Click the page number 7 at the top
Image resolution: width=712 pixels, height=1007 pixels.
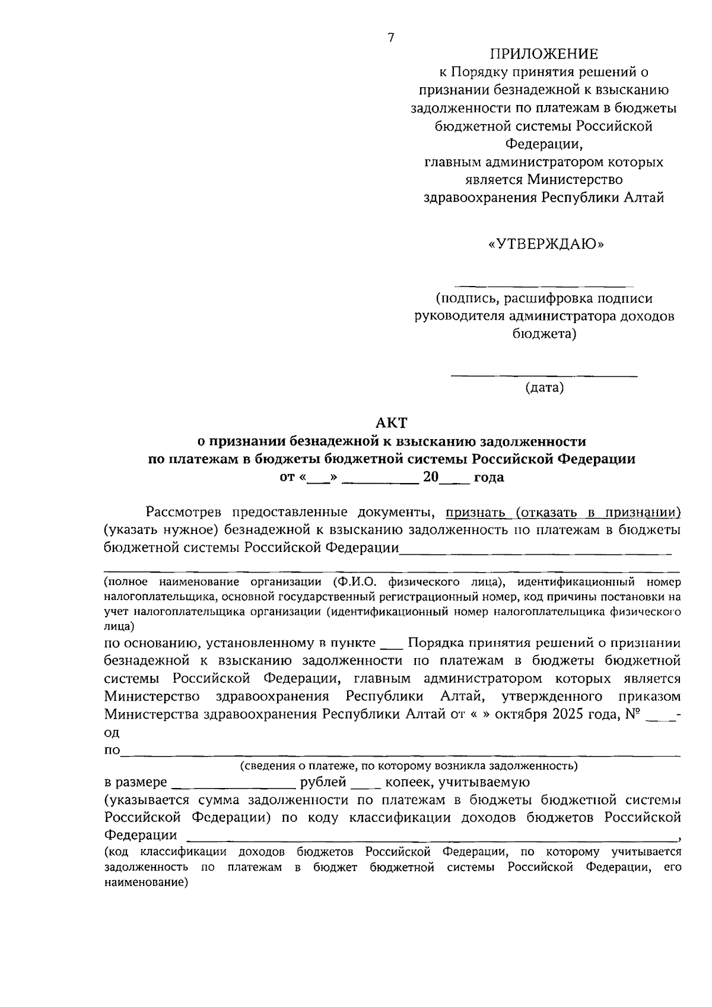click(390, 38)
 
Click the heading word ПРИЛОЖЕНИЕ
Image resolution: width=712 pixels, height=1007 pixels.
click(543, 55)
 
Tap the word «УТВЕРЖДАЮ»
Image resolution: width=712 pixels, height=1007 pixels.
click(545, 244)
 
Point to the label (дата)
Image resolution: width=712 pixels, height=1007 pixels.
click(544, 388)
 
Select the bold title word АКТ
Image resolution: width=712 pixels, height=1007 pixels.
click(391, 423)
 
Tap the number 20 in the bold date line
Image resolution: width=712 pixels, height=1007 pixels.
click(430, 477)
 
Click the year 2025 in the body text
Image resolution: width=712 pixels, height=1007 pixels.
click(568, 714)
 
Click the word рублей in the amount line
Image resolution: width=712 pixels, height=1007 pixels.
click(323, 782)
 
